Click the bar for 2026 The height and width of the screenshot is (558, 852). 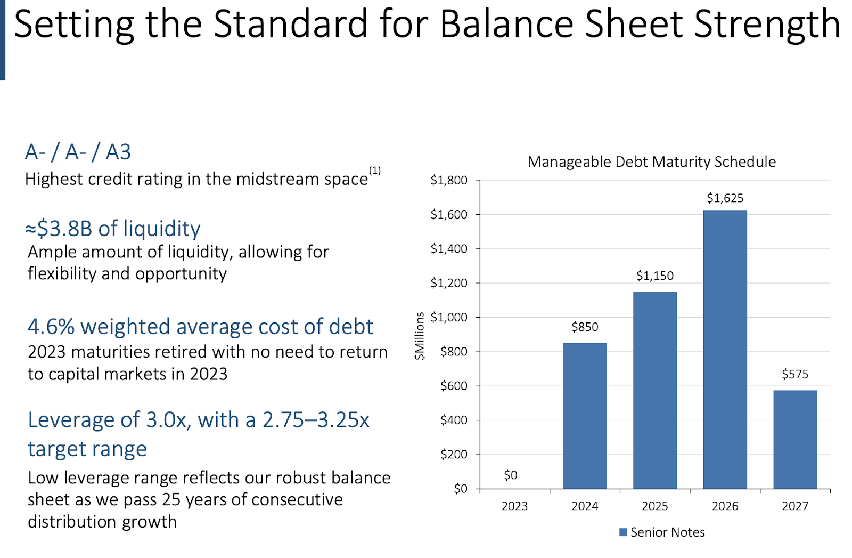pos(725,349)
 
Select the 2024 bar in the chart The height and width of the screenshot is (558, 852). pos(585,416)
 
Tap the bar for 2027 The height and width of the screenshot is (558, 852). pos(795,439)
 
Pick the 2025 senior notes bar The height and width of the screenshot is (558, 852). pos(655,390)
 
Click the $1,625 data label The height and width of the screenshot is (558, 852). pos(725,198)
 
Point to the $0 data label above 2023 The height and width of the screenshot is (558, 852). pos(510,475)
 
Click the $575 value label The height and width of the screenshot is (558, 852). pos(794,374)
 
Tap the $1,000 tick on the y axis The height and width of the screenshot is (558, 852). pos(449,318)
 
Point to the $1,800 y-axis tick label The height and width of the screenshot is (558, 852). pos(449,181)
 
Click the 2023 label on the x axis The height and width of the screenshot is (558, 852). pos(514,506)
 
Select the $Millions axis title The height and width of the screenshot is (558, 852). pos(420,336)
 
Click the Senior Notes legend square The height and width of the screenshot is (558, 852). pos(623,532)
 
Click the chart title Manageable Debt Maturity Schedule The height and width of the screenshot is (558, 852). pos(651,161)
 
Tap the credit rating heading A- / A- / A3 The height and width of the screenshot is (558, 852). pos(78,152)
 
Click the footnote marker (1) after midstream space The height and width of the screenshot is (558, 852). pos(375,171)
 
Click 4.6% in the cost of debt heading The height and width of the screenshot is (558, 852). pos(51,327)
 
